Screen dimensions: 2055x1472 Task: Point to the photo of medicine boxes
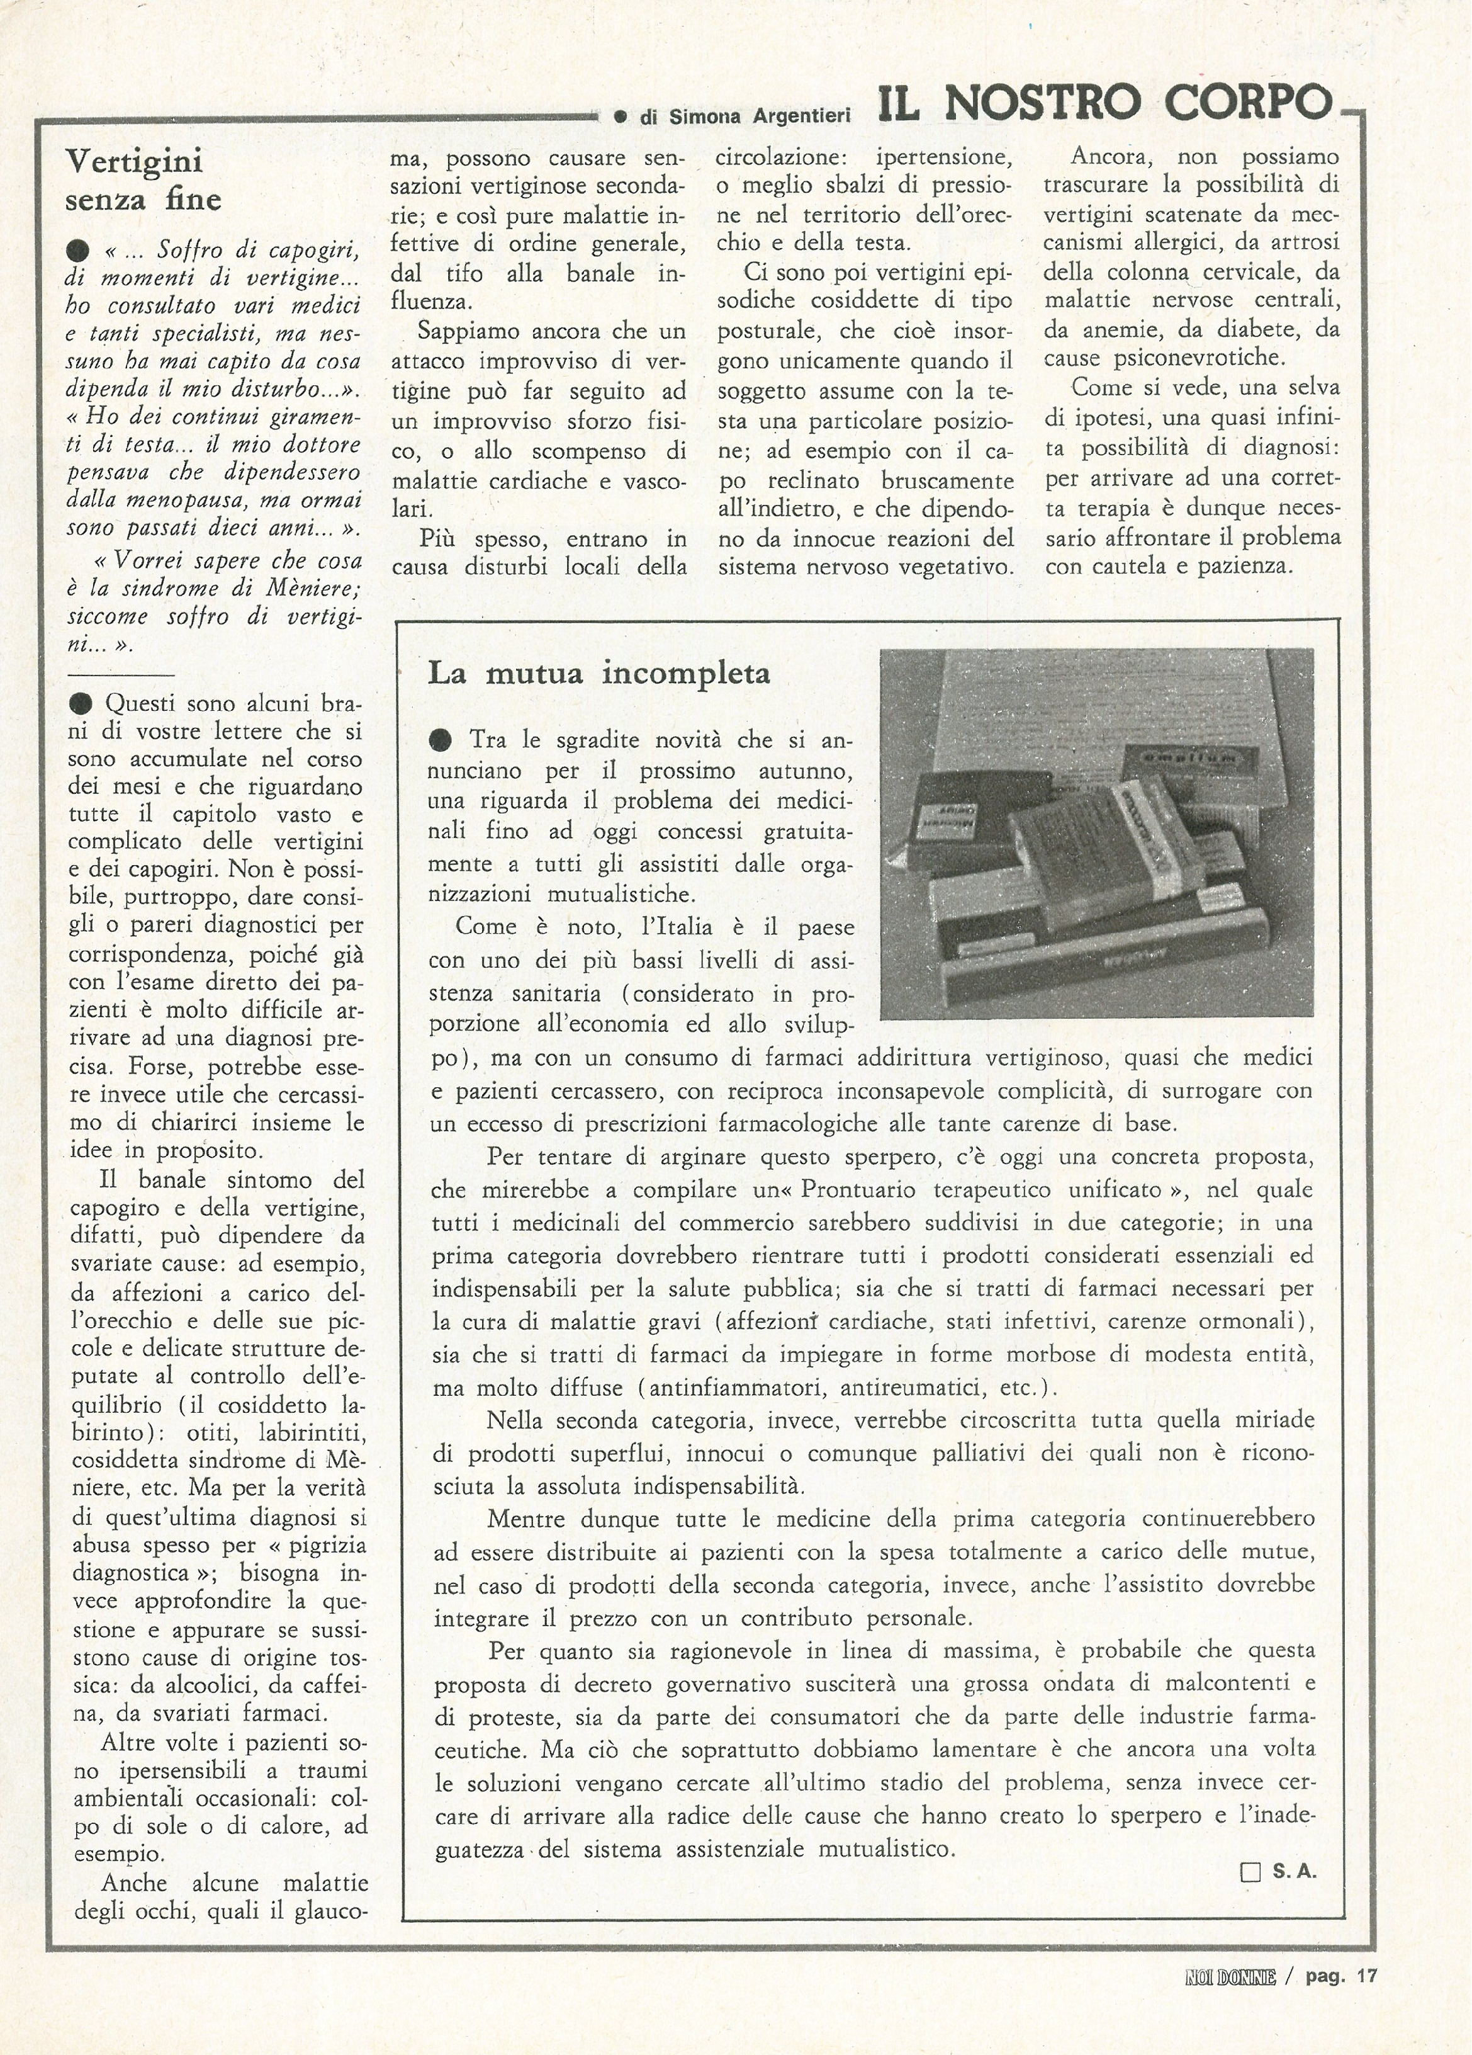click(x=1096, y=834)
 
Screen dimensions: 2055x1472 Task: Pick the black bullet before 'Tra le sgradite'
click(x=441, y=741)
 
